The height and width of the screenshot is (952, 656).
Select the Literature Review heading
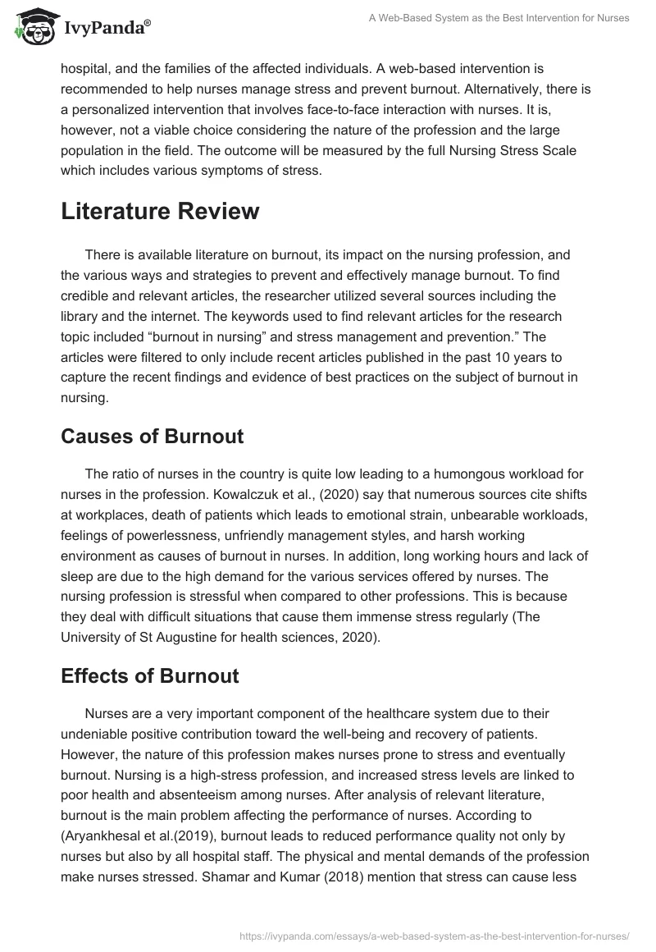tap(160, 211)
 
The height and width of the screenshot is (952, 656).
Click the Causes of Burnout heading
tap(152, 436)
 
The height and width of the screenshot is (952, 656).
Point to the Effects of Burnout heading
tap(150, 676)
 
